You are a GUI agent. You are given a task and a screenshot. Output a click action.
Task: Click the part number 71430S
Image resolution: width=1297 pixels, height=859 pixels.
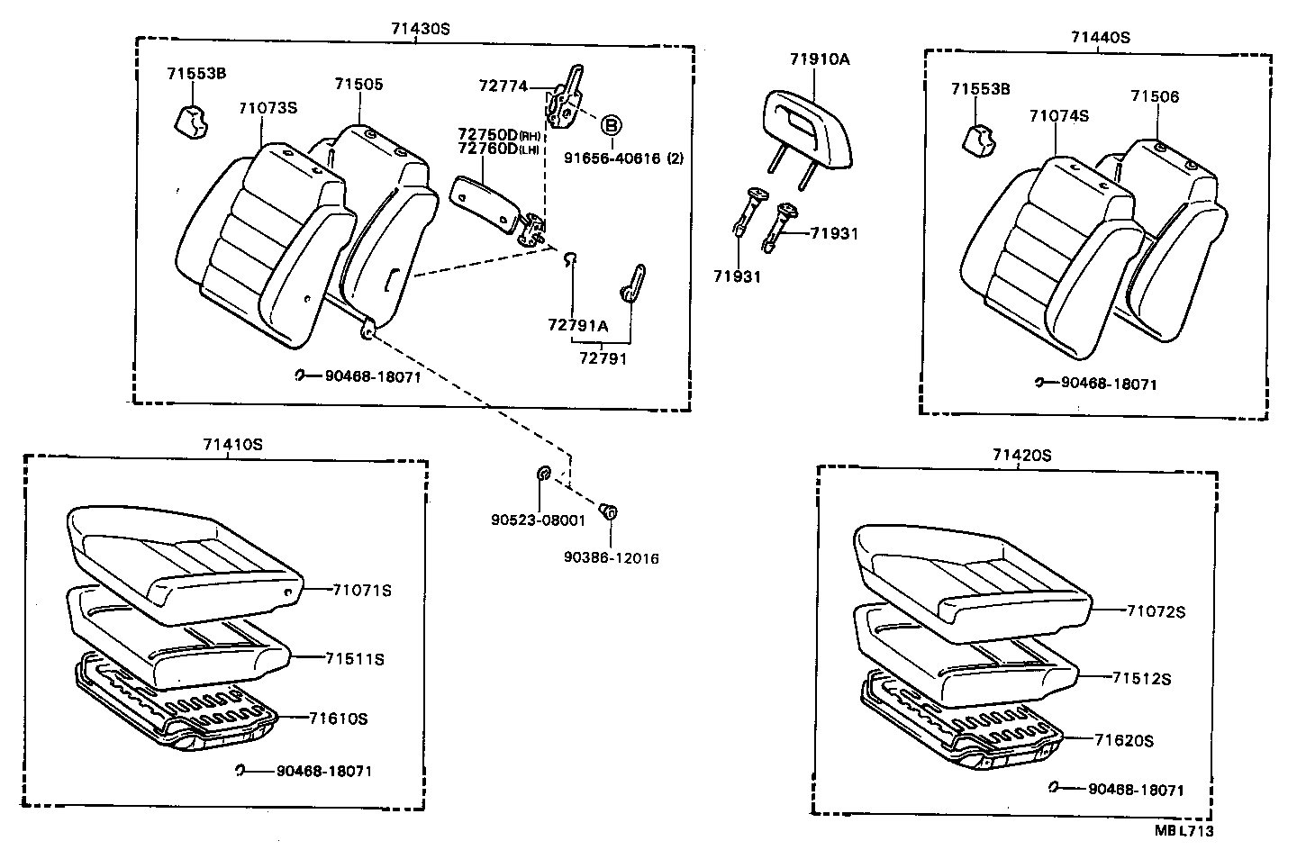click(420, 28)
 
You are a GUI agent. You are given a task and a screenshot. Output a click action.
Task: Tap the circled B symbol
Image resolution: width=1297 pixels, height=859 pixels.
click(612, 125)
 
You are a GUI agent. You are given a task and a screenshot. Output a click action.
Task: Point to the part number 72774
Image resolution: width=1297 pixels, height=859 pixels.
click(503, 86)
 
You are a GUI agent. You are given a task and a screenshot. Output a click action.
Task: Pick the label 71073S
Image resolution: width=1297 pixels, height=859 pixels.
click(268, 108)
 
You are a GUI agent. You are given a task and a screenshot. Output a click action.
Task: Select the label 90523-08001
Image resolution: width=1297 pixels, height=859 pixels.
click(539, 520)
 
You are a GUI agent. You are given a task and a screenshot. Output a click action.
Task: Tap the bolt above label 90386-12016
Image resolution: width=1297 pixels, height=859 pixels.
click(608, 512)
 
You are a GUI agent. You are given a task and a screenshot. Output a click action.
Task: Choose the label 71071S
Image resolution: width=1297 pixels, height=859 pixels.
click(362, 590)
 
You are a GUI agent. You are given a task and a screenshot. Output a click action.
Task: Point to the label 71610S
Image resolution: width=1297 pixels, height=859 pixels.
click(338, 719)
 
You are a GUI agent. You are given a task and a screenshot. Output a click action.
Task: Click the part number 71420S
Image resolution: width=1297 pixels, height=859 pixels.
click(1021, 456)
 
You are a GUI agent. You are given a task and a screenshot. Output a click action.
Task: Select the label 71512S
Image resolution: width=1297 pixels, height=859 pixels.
click(1141, 679)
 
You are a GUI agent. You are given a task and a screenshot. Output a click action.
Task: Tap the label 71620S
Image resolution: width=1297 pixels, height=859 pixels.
click(1124, 741)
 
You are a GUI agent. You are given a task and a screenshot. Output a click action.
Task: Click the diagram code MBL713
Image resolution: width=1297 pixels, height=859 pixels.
click(1184, 831)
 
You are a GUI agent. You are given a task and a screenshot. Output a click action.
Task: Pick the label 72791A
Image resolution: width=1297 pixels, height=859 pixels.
click(578, 325)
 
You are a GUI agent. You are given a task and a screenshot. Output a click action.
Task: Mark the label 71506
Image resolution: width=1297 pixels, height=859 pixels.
click(1155, 96)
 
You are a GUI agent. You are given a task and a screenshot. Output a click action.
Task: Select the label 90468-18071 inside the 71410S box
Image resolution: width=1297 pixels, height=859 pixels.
click(323, 771)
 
